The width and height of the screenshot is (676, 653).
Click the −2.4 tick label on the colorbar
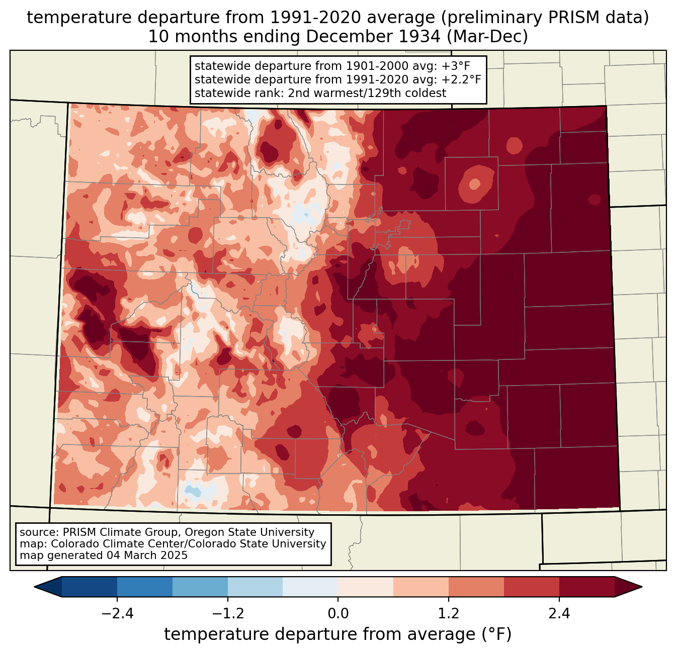[117, 614]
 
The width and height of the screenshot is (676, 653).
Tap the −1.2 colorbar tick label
[228, 614]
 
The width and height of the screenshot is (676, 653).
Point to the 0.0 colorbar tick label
[338, 614]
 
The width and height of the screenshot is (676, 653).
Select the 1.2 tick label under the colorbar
[449, 614]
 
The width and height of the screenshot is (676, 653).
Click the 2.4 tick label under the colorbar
[559, 614]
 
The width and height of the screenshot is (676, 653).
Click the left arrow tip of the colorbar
[34, 587]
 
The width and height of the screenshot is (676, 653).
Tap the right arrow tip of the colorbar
[642, 587]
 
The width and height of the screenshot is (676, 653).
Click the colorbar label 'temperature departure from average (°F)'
[337, 634]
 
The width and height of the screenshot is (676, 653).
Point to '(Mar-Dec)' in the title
[487, 37]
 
